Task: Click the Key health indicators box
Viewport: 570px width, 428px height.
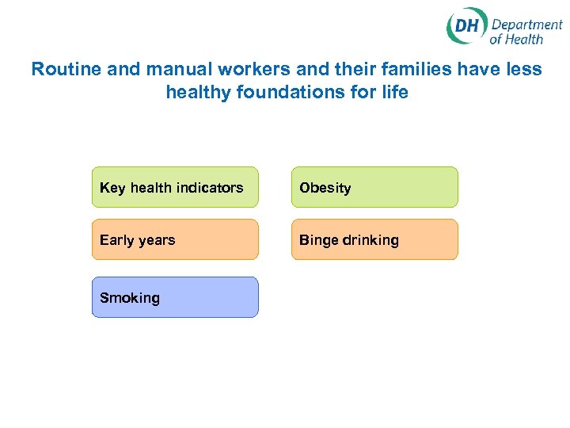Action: click(175, 187)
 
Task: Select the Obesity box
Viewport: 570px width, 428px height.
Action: click(374, 187)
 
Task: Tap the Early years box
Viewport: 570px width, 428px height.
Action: click(175, 239)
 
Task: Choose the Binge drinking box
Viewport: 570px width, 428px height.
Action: click(374, 239)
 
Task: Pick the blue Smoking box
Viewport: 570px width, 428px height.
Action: click(175, 297)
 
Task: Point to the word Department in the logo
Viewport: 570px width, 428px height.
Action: click(526, 24)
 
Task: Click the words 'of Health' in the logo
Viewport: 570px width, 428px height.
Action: click(516, 39)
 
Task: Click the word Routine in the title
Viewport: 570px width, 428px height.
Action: click(66, 69)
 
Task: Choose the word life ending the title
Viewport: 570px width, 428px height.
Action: click(396, 93)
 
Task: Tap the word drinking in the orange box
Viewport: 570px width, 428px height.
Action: click(371, 240)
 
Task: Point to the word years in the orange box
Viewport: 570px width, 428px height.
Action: click(157, 240)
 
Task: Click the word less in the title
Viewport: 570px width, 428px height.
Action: click(524, 69)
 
